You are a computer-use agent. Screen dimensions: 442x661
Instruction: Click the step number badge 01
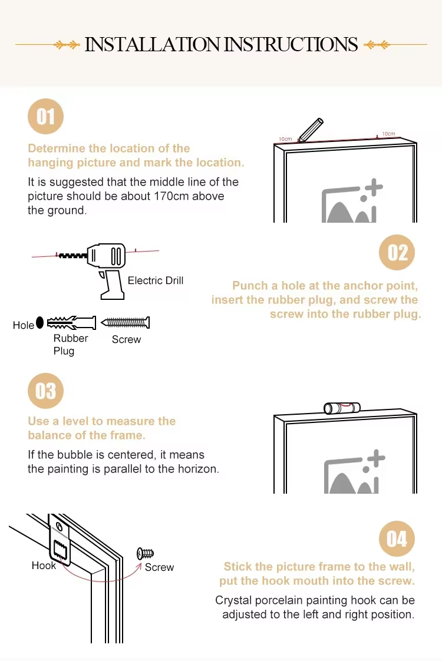pyautogui.click(x=45, y=116)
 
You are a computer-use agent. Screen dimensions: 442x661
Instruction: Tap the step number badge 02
pyautogui.click(x=397, y=253)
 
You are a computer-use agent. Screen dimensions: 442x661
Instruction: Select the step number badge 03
pyautogui.click(x=45, y=391)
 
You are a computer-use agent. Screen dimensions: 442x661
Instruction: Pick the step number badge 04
pyautogui.click(x=397, y=538)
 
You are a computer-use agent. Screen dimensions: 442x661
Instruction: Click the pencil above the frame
pyautogui.click(x=311, y=130)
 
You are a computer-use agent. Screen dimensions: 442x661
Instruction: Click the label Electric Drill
pyautogui.click(x=156, y=280)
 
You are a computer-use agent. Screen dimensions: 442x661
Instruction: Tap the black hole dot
pyautogui.click(x=39, y=322)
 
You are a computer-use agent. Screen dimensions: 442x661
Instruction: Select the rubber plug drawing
pyautogui.click(x=71, y=323)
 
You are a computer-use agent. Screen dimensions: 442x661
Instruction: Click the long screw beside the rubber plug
pyautogui.click(x=126, y=323)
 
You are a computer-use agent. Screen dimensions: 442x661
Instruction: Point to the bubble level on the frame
pyautogui.click(x=342, y=408)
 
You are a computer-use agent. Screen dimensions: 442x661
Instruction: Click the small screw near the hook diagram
pyautogui.click(x=145, y=553)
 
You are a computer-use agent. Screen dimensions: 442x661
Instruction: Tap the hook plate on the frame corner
pyautogui.click(x=60, y=540)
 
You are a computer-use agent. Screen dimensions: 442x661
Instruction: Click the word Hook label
pyautogui.click(x=44, y=566)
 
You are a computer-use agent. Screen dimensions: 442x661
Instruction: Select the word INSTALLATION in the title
pyautogui.click(x=152, y=44)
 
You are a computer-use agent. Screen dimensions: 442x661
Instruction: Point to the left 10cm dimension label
pyautogui.click(x=285, y=138)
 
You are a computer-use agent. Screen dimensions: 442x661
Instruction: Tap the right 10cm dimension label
pyautogui.click(x=388, y=134)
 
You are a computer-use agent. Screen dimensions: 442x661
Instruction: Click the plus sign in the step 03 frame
pyautogui.click(x=376, y=458)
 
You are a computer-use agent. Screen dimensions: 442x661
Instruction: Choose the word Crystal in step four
pyautogui.click(x=233, y=600)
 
